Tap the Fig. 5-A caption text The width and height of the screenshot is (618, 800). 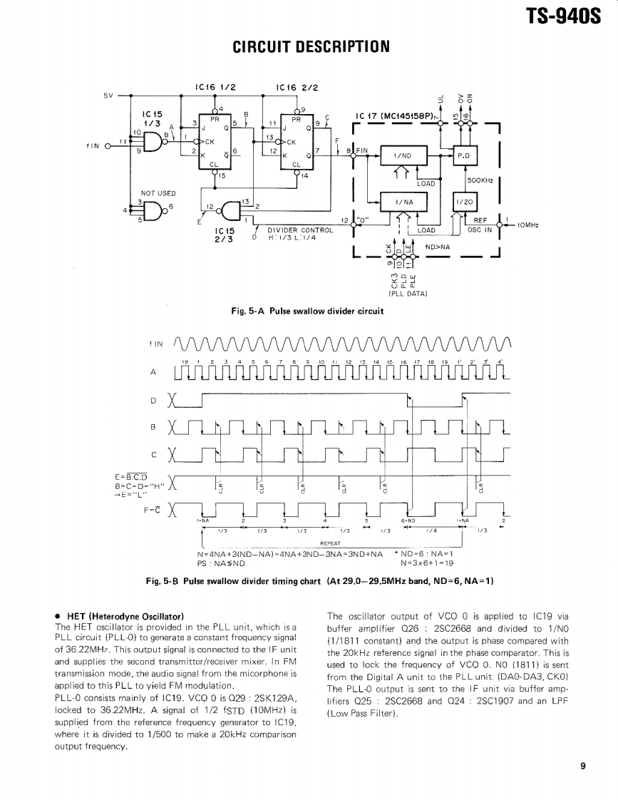pyautogui.click(x=307, y=311)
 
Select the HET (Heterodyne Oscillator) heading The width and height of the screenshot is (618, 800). pyautogui.click(x=125, y=615)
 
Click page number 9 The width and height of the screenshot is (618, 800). pyautogui.click(x=582, y=766)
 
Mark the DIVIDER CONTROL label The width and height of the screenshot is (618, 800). pyautogui.click(x=300, y=230)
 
